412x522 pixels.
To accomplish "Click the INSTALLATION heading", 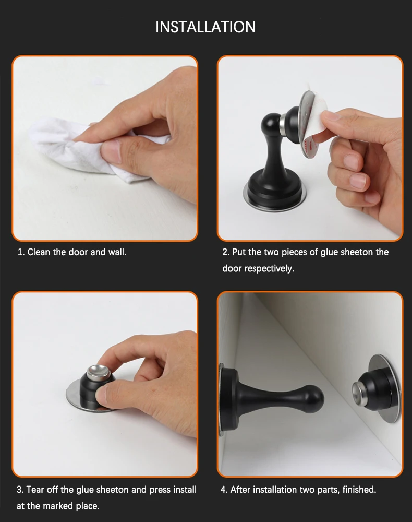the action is (x=205, y=27).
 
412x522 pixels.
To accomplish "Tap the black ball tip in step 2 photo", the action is (x=270, y=124).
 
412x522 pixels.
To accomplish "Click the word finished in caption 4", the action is (x=359, y=490).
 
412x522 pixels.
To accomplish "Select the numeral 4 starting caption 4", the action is (x=223, y=490).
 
